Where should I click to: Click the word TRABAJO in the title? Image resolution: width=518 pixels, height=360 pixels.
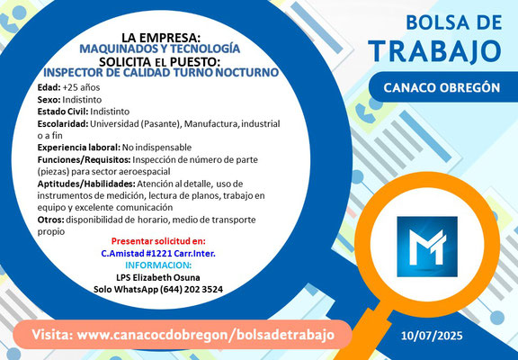coord(436,51)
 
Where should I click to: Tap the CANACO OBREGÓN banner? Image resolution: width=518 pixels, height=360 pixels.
coord(443,87)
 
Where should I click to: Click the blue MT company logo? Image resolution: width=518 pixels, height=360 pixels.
coord(427,247)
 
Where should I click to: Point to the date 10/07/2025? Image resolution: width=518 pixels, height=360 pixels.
coord(432,336)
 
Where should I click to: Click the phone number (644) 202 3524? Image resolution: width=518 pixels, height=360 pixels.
coord(192,289)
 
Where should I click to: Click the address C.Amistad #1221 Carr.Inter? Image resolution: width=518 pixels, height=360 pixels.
coord(158,254)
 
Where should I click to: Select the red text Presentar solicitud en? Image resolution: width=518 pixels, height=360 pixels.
coord(158,240)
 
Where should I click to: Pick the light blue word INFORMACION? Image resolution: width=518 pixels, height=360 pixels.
coord(158,265)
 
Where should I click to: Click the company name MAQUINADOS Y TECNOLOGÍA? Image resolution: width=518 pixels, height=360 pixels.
coord(160,49)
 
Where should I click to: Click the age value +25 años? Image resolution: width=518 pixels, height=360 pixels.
coord(81,87)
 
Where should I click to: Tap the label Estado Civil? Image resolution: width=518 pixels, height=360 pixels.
coord(63,112)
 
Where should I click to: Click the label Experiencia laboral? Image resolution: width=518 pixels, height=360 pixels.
coord(79,148)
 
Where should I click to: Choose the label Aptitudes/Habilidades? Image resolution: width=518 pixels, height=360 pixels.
coord(86,184)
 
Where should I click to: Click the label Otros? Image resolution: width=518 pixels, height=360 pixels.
coord(51,220)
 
